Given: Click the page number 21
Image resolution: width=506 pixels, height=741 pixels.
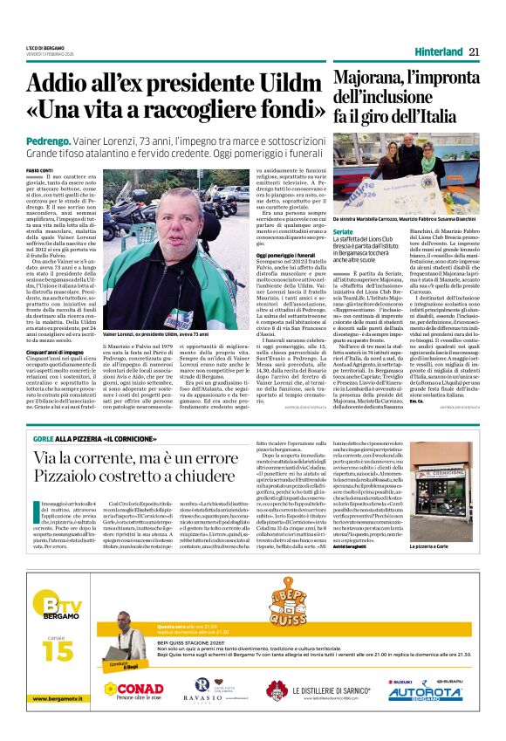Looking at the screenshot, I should (475, 51).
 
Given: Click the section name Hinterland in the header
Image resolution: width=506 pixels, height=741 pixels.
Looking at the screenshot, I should (433, 51).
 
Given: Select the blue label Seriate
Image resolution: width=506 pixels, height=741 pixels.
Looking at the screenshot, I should (344, 230).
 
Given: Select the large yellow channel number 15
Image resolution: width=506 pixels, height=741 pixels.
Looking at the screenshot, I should (51, 649).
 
